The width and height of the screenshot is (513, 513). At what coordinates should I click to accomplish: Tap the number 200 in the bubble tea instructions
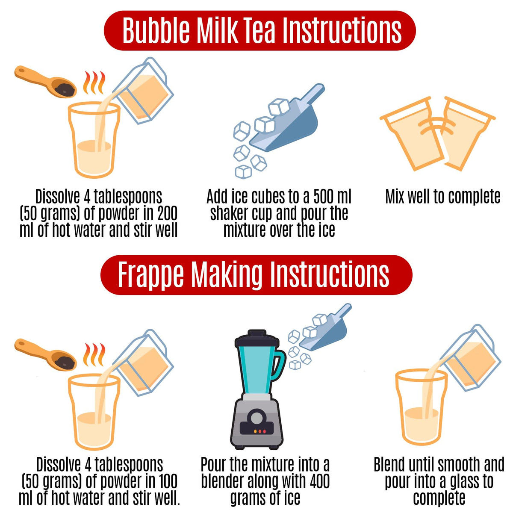pyautogui.click(x=167, y=213)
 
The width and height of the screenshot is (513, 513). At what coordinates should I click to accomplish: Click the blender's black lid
pyautogui.click(x=256, y=339)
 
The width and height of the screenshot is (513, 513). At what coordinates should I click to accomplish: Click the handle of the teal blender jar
pyautogui.click(x=279, y=364)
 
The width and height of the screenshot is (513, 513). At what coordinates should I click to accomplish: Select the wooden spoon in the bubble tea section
pyautogui.click(x=45, y=82)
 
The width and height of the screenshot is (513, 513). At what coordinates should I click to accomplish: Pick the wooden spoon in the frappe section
pyautogui.click(x=45, y=354)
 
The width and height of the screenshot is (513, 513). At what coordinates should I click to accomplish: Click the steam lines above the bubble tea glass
pyautogui.click(x=94, y=82)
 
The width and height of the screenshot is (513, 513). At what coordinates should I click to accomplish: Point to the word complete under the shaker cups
pyautogui.click(x=474, y=197)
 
